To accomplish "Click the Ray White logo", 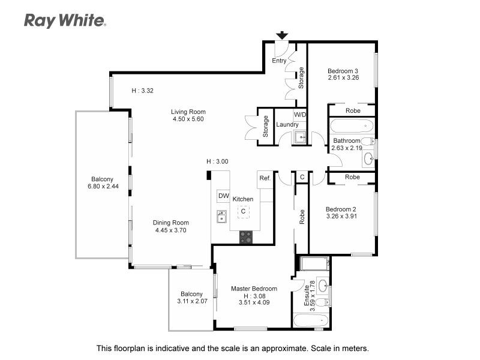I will tap(65, 20).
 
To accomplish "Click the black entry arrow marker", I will tap(281, 36).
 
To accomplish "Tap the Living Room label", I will tap(188, 112).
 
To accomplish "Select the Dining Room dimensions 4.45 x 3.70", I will tap(171, 230).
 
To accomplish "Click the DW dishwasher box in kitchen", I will tap(223, 196).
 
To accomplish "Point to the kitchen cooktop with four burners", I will tap(246, 237).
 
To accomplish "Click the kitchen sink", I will tap(221, 217).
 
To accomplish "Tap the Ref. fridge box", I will tap(265, 178).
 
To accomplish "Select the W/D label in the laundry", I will tap(299, 114).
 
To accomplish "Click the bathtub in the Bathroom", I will tap(352, 127).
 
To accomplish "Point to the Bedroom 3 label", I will tap(343, 70).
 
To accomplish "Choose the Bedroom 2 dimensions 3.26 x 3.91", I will tap(341, 217).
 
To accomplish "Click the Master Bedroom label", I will tap(254, 289).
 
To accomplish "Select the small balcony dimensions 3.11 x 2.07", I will tap(191, 301).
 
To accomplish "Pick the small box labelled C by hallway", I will tap(302, 177).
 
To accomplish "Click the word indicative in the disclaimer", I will tap(173, 348).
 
